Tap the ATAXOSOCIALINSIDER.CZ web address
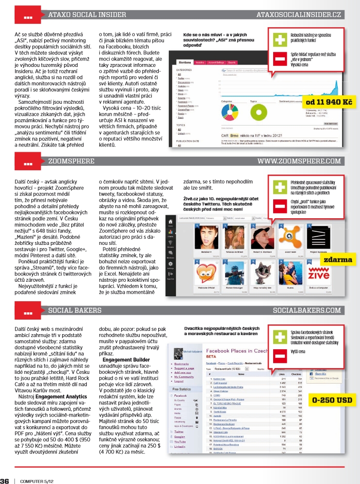point(299,16)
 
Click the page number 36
point(5,468)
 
